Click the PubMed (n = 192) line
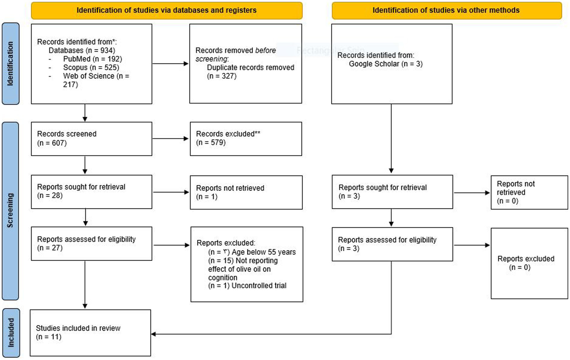(x=92, y=59)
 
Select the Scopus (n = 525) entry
(x=91, y=67)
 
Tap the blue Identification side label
(x=10, y=64)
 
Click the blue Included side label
(x=11, y=333)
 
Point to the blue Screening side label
(x=10, y=210)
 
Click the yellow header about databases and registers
(x=166, y=10)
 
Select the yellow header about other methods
(x=446, y=10)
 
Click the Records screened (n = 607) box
(x=91, y=139)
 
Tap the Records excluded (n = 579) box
(x=245, y=139)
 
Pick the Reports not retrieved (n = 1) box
(x=246, y=192)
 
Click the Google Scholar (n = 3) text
(x=385, y=64)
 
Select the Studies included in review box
(x=90, y=333)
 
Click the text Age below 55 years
(x=264, y=252)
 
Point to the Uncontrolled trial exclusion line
(x=259, y=286)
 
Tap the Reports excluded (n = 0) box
(x=529, y=263)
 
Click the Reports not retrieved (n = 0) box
(x=529, y=192)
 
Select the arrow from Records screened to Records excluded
(x=170, y=139)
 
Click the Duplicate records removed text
(x=250, y=68)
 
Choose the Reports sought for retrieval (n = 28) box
(x=91, y=191)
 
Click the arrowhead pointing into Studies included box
(x=153, y=334)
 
